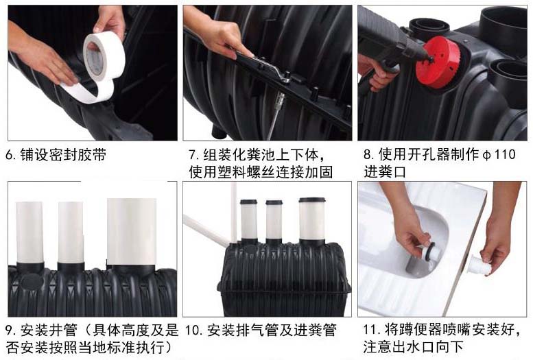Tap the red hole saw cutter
click(438, 62)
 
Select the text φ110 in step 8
click(499, 155)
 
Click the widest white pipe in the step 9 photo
click(132, 232)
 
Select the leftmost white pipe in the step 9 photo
click(29, 232)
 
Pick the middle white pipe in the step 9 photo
click(71, 232)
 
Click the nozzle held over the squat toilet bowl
click(430, 252)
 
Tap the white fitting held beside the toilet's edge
click(479, 265)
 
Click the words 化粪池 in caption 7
click(254, 155)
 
